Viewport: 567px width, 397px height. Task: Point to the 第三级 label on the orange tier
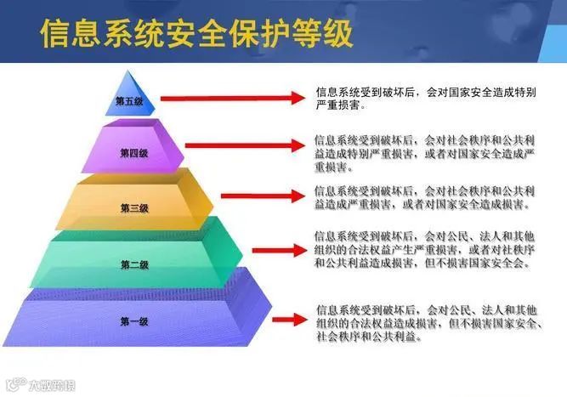pyautogui.click(x=133, y=207)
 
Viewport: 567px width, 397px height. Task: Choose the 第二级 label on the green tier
pyautogui.click(x=134, y=264)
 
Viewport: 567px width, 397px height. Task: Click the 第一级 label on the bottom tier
pyautogui.click(x=134, y=320)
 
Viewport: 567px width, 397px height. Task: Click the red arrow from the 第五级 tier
pyautogui.click(x=230, y=99)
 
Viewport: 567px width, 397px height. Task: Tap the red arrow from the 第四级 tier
pyautogui.click(x=242, y=145)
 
